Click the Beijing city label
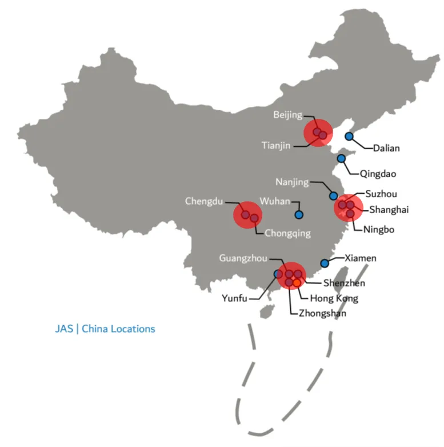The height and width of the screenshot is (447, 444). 287,115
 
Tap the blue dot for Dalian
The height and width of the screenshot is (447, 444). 349,136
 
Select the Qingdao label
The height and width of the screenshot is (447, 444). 378,173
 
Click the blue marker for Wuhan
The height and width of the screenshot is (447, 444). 298,215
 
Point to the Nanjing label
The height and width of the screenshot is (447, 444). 291,182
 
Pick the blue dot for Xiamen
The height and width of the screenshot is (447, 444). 325,263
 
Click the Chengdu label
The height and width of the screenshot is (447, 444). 204,201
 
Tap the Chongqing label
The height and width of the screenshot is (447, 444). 288,233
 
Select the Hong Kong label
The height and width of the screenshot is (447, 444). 334,298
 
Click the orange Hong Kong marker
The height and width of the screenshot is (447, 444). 297,282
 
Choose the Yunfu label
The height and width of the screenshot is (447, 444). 235,298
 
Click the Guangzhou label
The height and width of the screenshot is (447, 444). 243,258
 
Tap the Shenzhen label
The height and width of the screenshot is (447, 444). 344,283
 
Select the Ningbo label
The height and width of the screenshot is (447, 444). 379,230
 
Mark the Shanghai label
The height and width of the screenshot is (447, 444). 389,210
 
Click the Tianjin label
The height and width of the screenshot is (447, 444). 277,145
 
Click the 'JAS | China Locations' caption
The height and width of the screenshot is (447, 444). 105,329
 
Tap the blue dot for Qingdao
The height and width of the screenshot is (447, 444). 341,158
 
